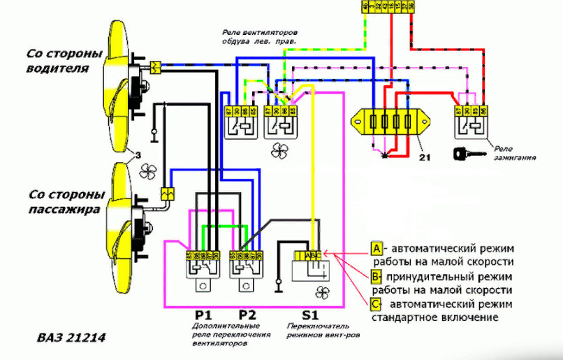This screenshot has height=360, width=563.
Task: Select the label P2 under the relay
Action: (x=247, y=314)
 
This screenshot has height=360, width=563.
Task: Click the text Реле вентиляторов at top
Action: (x=261, y=34)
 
